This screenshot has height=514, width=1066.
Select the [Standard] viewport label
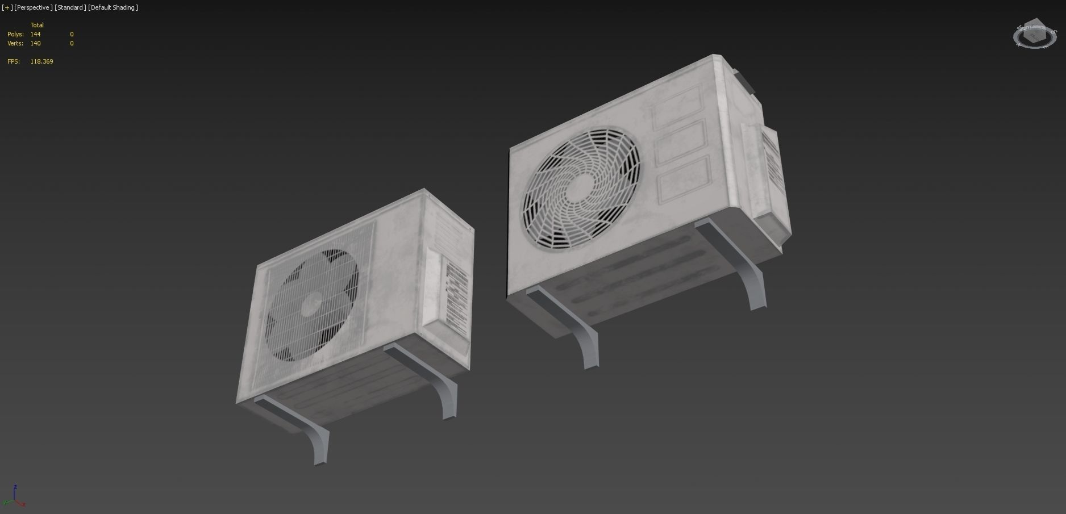point(70,7)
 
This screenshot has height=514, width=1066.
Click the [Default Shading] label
point(113,7)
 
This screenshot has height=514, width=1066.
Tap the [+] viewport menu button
point(7,7)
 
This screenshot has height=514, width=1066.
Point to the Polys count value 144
point(35,34)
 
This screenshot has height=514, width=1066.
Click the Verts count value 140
point(35,43)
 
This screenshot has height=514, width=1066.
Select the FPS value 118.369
point(41,61)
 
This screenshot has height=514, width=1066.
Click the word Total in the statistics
point(37,25)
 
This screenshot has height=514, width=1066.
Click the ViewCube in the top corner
point(1034,36)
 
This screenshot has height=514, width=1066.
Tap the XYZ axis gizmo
point(14,497)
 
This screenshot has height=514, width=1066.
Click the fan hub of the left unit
point(311,304)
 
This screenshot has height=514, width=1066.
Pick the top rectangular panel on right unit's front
point(676,108)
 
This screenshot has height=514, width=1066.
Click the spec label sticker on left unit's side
point(456,292)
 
